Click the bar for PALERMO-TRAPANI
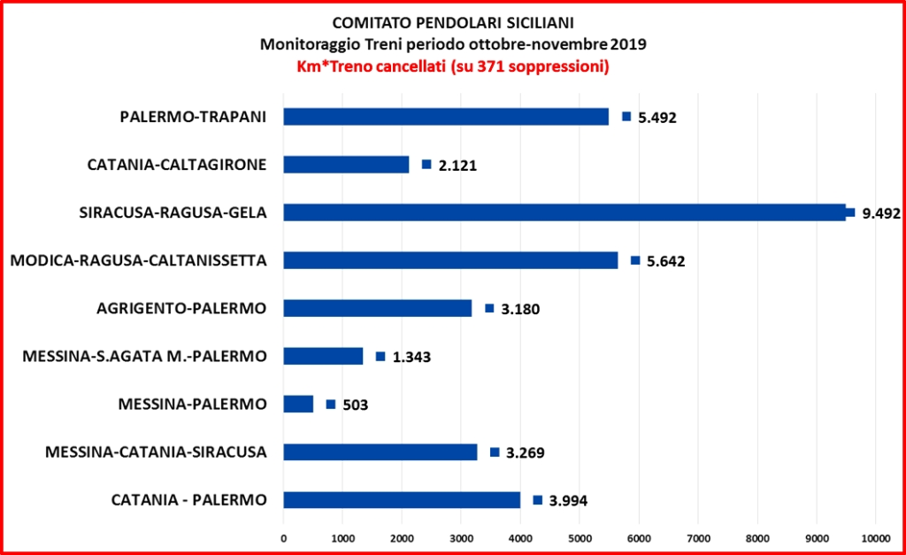[446, 117]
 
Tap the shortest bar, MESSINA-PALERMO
[298, 405]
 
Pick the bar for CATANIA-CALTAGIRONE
[346, 165]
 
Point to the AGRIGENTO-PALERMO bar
[378, 308]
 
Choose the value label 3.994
[568, 501]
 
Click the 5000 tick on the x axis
[580, 536]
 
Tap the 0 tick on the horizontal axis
[283, 536]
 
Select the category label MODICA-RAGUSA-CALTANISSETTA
[138, 260]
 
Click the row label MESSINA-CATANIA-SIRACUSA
[156, 452]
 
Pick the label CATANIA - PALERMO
[188, 500]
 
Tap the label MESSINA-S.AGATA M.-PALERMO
[144, 357]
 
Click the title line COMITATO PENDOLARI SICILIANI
[452, 23]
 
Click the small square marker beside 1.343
[380, 357]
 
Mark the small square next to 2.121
[426, 165]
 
